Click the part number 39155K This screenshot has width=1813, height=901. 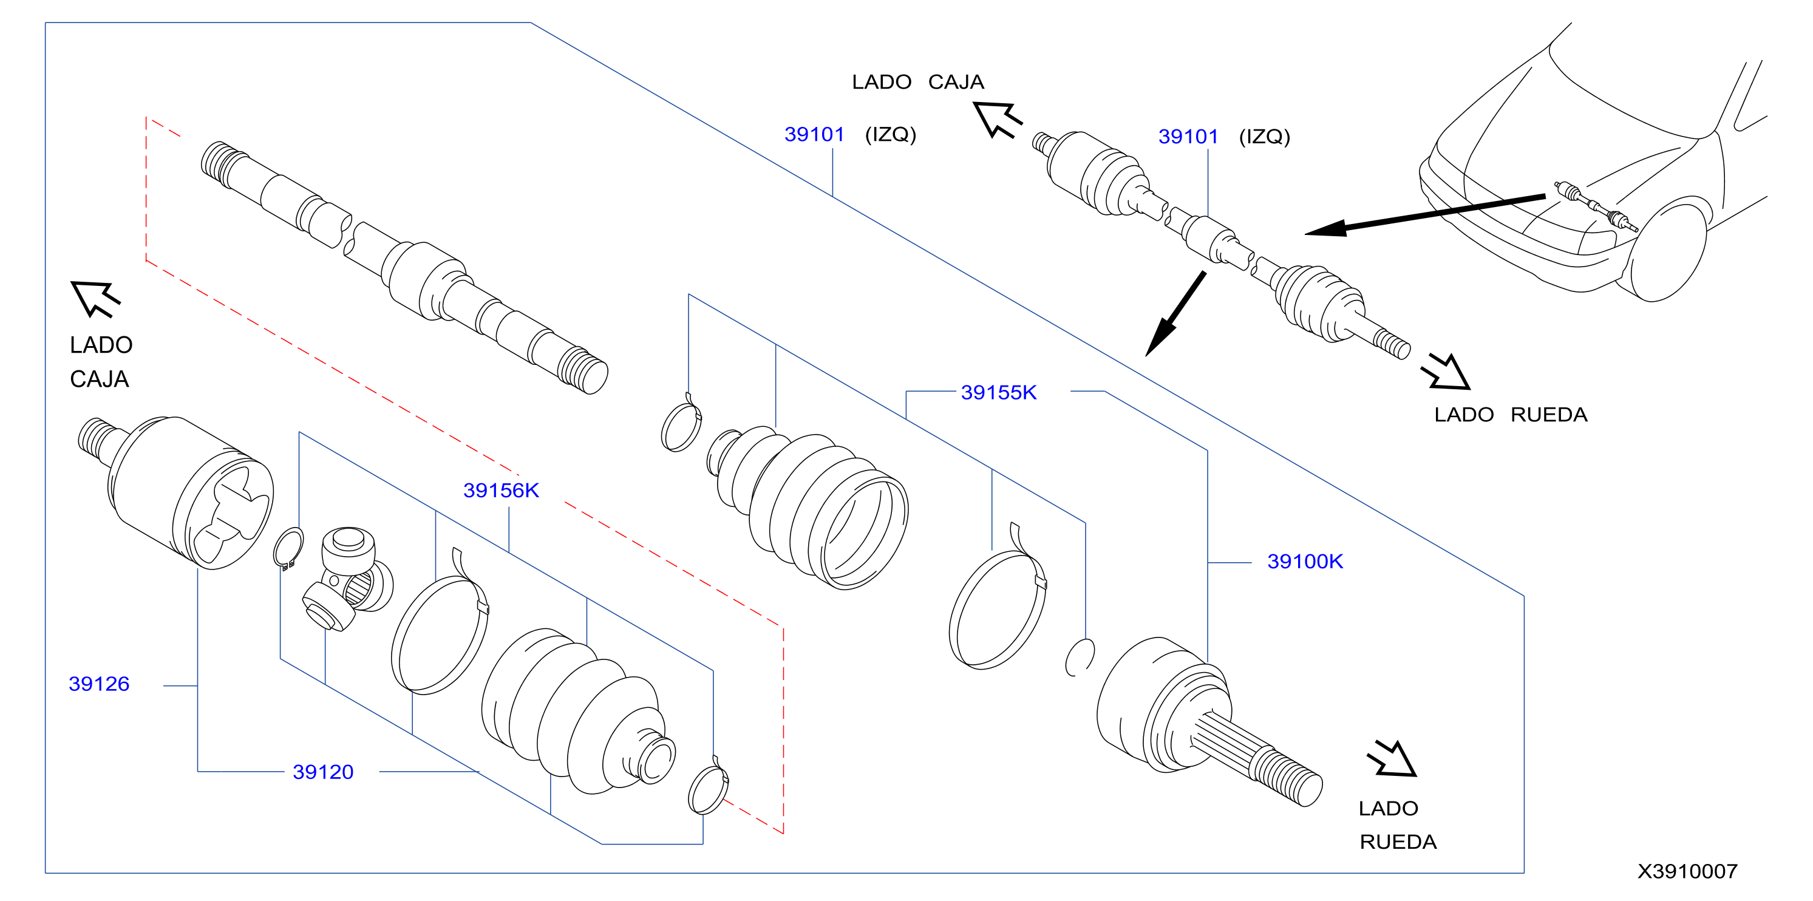click(x=998, y=393)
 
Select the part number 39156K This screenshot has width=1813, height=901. click(x=500, y=491)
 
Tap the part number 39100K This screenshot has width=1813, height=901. click(x=1304, y=562)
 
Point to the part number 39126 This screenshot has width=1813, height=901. click(x=98, y=684)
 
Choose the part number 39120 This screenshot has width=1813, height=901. click(x=323, y=772)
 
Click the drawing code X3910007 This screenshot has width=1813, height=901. click(x=1687, y=871)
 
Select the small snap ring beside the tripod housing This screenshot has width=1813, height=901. click(x=288, y=548)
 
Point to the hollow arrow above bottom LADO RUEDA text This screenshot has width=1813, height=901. click(x=1392, y=758)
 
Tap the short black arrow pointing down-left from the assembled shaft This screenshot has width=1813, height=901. click(x=1175, y=314)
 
